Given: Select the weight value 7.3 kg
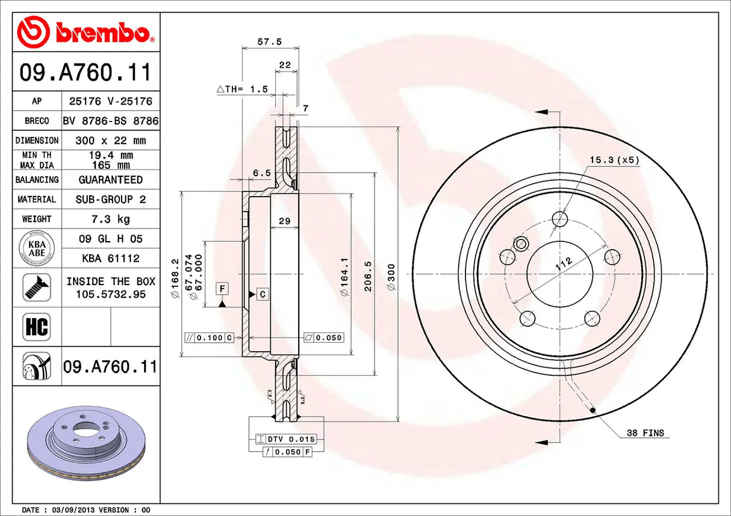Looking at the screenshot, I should pos(110,219).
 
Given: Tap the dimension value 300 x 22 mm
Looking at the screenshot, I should pos(110,140).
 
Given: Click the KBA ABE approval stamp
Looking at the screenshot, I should pos(37,248).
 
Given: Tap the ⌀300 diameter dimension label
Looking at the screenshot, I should pos(391,277).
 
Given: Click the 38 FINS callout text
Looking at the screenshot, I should pos(645,433).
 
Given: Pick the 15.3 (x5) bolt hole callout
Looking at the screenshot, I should pos(614,160).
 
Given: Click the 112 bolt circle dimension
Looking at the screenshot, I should pos(563,263).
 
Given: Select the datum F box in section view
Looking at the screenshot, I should pos(222,289).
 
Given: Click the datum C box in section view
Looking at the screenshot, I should pos(263,294).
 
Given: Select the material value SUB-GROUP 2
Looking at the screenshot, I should pos(110,199).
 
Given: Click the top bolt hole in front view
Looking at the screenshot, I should pos(560,218).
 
